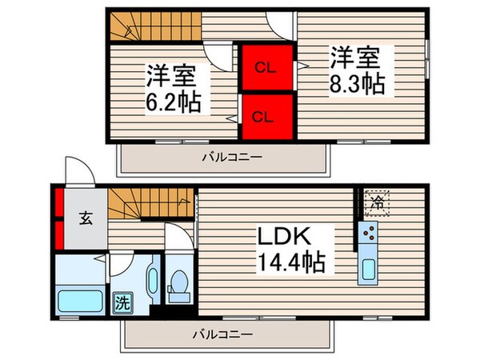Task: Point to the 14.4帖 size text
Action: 290,262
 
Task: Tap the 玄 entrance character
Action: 85,217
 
